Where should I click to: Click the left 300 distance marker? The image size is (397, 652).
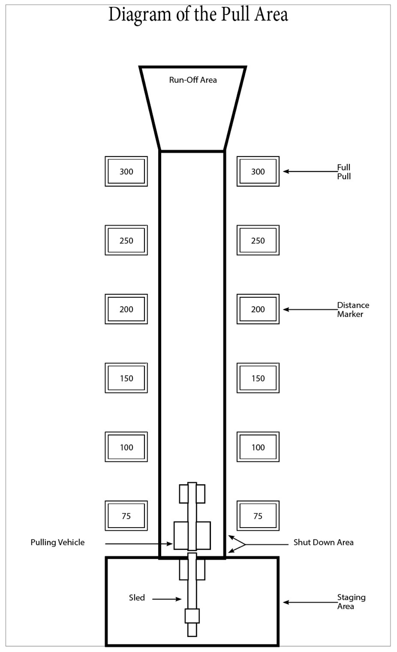click(x=126, y=171)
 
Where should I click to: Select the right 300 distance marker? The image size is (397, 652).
click(x=258, y=171)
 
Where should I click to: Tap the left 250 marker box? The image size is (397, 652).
click(x=126, y=240)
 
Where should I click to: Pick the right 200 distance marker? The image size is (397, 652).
click(x=258, y=309)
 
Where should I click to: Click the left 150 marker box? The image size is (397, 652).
click(x=126, y=378)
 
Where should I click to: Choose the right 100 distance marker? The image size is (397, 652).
click(x=258, y=447)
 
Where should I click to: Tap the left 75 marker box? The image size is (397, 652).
click(x=126, y=516)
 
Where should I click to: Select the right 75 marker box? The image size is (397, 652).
click(x=258, y=516)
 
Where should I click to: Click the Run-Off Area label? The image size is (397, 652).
click(x=193, y=80)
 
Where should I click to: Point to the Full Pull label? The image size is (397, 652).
click(x=344, y=172)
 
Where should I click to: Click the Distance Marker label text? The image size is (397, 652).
click(x=353, y=309)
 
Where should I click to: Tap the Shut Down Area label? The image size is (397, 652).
click(x=323, y=542)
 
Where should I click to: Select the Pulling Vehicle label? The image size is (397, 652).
click(x=58, y=542)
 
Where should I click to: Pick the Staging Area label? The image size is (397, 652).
click(x=351, y=602)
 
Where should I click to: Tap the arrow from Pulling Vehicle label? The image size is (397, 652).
click(x=139, y=544)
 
